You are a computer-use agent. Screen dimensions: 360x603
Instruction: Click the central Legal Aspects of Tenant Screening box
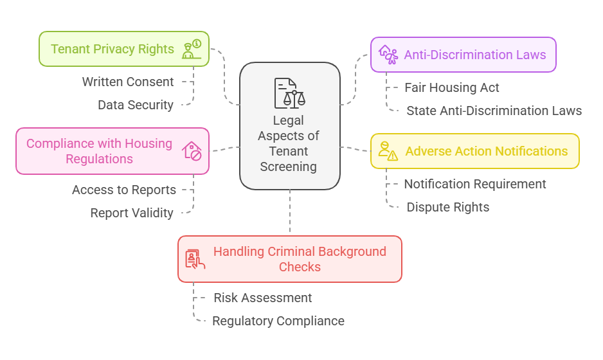[x=289, y=143]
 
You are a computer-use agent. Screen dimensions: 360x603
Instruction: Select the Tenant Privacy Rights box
[x=113, y=49]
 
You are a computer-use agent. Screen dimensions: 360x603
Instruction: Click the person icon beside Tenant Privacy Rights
[x=192, y=50]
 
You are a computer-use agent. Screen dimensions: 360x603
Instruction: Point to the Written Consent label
[x=127, y=82]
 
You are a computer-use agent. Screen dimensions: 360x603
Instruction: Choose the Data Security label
[x=135, y=105]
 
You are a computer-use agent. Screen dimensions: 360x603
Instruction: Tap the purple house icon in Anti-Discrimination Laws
[x=388, y=54]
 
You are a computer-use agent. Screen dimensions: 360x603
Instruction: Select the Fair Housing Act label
[x=451, y=87]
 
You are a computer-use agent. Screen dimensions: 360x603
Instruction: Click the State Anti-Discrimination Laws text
[x=494, y=111]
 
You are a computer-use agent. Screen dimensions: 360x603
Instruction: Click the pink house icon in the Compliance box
[x=192, y=151]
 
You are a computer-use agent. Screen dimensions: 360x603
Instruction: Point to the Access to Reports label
[x=123, y=190]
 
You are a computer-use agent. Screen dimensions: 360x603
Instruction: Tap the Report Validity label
[x=131, y=213]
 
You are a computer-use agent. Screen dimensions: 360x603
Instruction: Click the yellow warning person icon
[x=388, y=150]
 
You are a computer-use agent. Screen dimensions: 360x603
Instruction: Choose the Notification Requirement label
[x=474, y=184]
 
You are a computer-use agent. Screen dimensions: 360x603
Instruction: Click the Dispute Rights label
[x=447, y=207]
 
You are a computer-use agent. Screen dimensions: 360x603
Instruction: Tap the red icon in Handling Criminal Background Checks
[x=195, y=259]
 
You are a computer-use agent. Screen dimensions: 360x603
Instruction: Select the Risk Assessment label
[x=262, y=298]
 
